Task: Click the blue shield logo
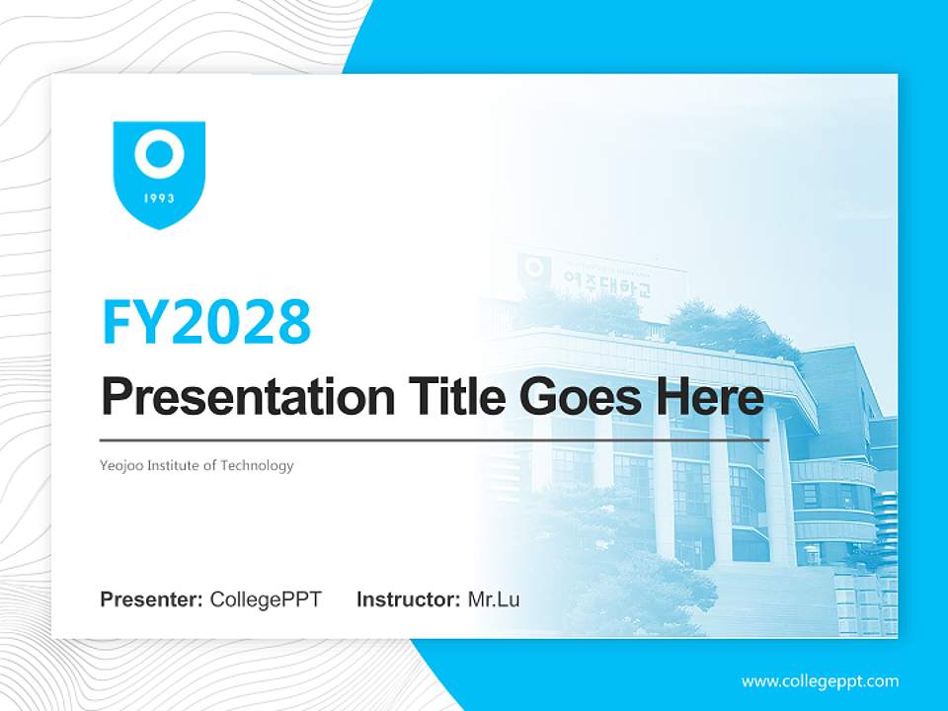(159, 174)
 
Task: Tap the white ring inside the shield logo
(159, 155)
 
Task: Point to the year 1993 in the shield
(159, 198)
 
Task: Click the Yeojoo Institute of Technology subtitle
(197, 465)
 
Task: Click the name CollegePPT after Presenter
(266, 599)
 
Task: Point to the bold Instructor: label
(408, 599)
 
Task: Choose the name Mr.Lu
(494, 599)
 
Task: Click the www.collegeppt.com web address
(820, 680)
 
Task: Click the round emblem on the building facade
(534, 268)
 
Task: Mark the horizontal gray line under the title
(434, 439)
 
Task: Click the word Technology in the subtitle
(256, 465)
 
